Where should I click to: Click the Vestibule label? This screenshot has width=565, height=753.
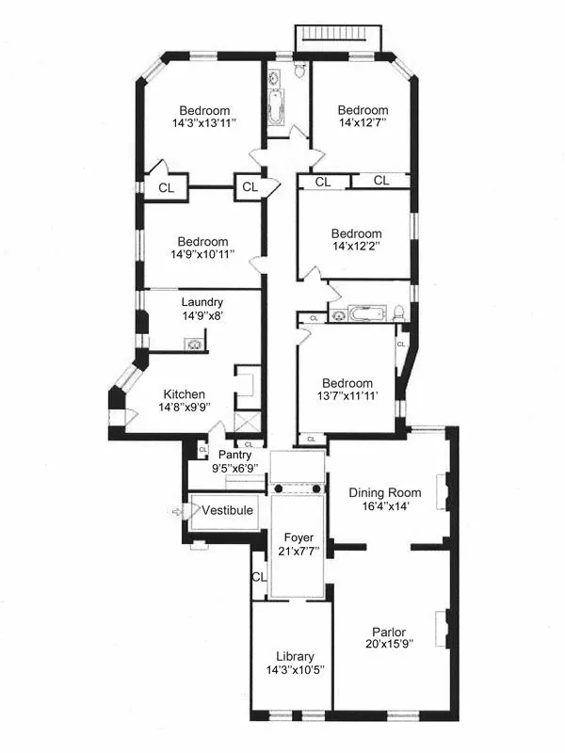(229, 511)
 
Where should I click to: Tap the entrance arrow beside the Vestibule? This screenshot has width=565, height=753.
(178, 511)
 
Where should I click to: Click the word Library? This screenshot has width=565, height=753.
(295, 656)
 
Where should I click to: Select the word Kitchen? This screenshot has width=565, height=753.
(185, 394)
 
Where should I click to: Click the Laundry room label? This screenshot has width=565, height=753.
(202, 302)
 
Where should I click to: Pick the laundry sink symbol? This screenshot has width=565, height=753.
(194, 344)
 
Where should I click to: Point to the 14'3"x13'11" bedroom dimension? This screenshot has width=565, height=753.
(203, 123)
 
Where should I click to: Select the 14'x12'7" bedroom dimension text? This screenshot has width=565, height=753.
(363, 122)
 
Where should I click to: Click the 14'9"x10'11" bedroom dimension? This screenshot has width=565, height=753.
(202, 253)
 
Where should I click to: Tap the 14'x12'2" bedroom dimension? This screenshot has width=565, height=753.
(357, 247)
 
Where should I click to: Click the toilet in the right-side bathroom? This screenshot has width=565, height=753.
(399, 313)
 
